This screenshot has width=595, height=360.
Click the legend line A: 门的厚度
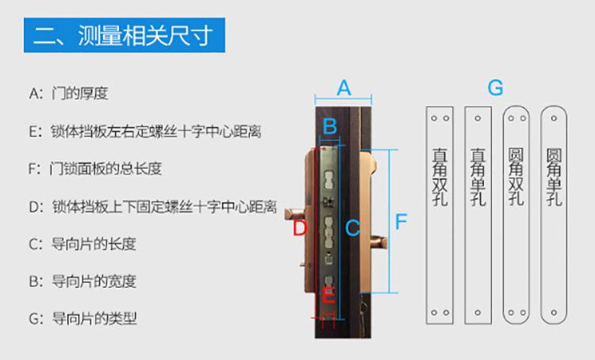[68, 94]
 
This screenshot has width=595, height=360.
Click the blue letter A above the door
[344, 87]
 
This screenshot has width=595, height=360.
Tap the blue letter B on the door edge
[330, 125]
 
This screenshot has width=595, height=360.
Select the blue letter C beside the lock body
[353, 228]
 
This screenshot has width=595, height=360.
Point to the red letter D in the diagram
[300, 229]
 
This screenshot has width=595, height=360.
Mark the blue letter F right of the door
[401, 222]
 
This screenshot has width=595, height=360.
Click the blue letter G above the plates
[495, 87]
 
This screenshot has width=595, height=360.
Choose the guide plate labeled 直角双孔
[439, 215]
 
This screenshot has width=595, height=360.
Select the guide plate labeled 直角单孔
[478, 215]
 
